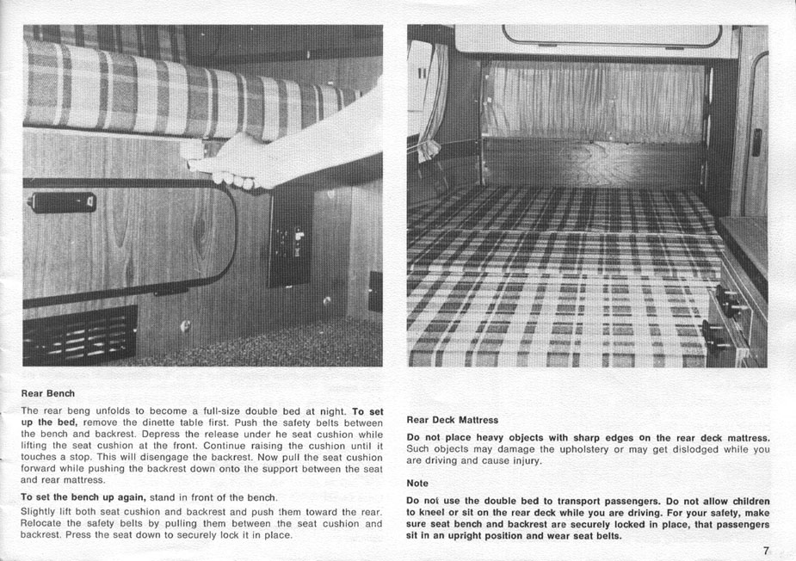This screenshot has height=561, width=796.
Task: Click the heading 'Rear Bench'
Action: click(x=47, y=393)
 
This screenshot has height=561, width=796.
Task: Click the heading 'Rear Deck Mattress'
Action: click(x=452, y=420)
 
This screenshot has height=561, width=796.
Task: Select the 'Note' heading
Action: click(x=418, y=484)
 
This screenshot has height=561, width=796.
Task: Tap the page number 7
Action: click(x=765, y=551)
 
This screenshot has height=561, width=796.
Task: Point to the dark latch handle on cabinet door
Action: click(x=61, y=202)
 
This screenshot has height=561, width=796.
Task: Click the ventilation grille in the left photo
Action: click(x=80, y=334)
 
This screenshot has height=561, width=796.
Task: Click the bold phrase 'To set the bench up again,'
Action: click(x=83, y=497)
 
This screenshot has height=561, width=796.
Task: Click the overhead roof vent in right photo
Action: click(x=611, y=35)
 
